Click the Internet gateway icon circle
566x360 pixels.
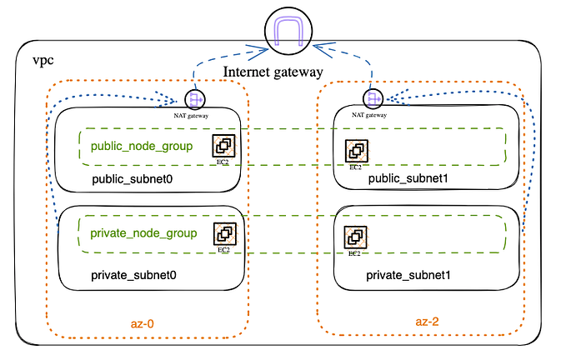pos(288,31)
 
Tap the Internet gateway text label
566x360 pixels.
pos(273,73)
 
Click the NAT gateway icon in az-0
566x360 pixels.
pos(195,100)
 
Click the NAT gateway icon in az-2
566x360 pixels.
pos(372,99)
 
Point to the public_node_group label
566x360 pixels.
pos(143,147)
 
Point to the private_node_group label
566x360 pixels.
pos(143,233)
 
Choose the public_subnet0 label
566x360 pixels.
pos(132,179)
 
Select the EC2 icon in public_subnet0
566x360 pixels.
pos(223,147)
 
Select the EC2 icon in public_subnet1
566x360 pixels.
pos(357,151)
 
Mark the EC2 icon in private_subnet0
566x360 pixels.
pos(224,234)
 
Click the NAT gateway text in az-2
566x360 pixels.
pos(369,115)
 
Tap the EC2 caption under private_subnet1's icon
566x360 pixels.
pos(354,253)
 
